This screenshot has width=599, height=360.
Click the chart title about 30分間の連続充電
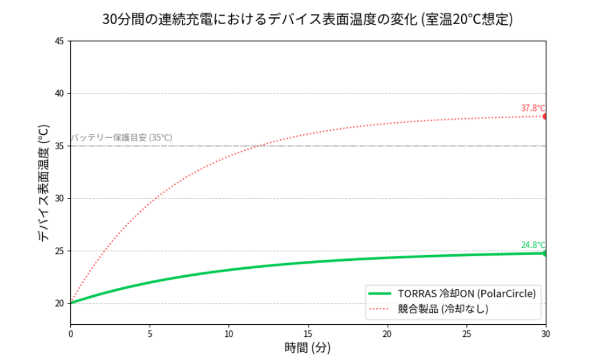pyautogui.click(x=307, y=20)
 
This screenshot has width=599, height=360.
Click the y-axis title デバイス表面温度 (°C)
pyautogui.click(x=44, y=182)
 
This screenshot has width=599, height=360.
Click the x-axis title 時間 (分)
pyautogui.click(x=307, y=348)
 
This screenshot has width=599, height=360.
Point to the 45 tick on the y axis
pyautogui.click(x=59, y=41)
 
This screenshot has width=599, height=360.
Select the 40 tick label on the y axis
pyautogui.click(x=59, y=93)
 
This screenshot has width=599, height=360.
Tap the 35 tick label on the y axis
pyautogui.click(x=59, y=146)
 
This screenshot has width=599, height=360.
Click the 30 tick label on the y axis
pyautogui.click(x=59, y=198)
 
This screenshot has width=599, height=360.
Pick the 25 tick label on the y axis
pyautogui.click(x=59, y=251)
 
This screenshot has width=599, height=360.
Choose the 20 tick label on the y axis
pyautogui.click(x=59, y=303)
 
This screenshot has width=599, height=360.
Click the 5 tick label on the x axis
pyautogui.click(x=150, y=333)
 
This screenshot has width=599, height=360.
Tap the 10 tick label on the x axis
pyautogui.click(x=229, y=333)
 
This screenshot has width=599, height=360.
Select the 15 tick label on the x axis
pyautogui.click(x=308, y=333)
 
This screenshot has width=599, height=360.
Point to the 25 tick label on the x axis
pyautogui.click(x=466, y=333)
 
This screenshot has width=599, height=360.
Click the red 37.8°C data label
pyautogui.click(x=533, y=108)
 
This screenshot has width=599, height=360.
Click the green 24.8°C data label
pyautogui.click(x=533, y=245)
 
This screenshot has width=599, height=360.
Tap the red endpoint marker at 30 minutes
pyautogui.click(x=545, y=117)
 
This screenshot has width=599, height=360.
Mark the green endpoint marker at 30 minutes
pyautogui.click(x=545, y=253)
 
